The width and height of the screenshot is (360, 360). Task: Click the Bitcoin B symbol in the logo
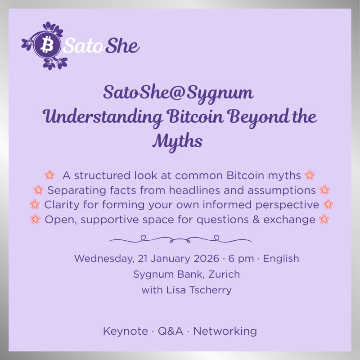46,45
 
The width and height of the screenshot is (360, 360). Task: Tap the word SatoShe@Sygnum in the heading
179,93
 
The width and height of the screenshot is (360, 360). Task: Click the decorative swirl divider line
180,238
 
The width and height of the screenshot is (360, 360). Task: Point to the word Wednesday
102,259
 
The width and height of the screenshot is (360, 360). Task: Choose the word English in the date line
281,259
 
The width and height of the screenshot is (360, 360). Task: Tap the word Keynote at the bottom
125,332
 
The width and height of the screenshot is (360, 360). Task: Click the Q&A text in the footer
171,332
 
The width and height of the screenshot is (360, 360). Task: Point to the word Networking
225,332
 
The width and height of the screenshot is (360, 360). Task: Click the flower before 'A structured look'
49,175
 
